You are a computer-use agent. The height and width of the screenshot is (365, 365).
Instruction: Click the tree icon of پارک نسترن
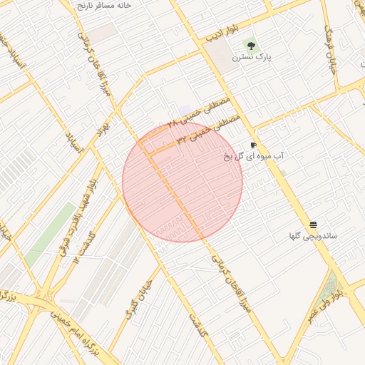pyautogui.click(x=249, y=44)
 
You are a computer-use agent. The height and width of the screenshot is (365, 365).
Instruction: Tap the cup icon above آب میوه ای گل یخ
pyautogui.click(x=253, y=145)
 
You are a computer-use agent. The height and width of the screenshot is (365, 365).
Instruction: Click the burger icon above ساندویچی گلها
pyautogui.click(x=313, y=225)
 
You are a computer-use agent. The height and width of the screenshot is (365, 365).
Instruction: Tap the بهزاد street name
pyautogui.click(x=102, y=128)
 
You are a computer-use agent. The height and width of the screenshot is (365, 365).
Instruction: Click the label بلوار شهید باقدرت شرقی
pyautogui.click(x=78, y=214)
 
